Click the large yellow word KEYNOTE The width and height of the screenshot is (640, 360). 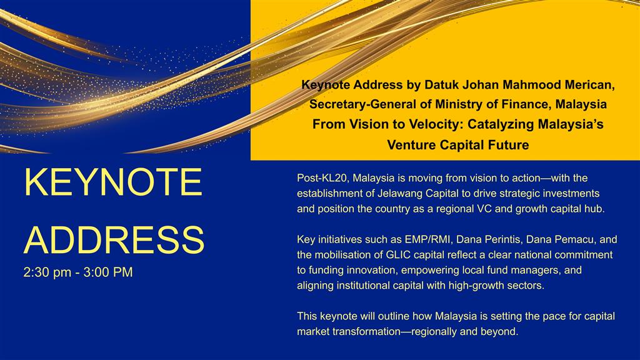click(x=113, y=182)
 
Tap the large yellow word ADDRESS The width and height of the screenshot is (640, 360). click(x=114, y=239)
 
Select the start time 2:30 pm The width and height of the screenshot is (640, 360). click(x=47, y=272)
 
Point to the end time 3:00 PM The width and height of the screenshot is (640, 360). click(x=108, y=272)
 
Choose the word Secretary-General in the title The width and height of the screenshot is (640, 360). click(x=363, y=104)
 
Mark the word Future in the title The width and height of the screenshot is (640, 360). click(x=507, y=145)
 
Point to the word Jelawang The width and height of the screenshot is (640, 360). click(x=400, y=194)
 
